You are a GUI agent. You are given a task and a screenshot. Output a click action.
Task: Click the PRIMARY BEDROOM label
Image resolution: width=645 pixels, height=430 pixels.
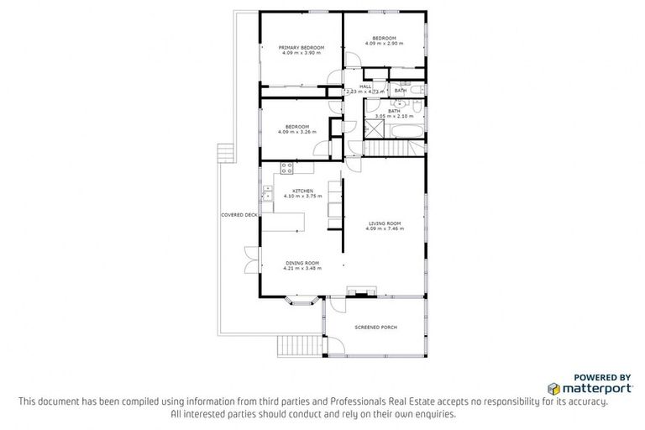point(300,48)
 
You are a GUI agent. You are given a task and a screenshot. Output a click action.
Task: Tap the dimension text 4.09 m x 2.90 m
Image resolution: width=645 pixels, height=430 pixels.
point(384,43)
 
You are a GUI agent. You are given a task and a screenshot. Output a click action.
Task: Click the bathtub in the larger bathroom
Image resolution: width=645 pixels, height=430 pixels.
point(410,131)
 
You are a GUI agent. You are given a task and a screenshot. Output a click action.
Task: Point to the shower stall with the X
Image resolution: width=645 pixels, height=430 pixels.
point(373,130)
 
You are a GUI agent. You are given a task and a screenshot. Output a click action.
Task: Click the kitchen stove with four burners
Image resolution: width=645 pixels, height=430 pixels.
point(286,167)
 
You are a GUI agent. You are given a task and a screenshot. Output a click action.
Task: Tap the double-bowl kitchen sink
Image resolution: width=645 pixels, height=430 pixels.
point(266,193)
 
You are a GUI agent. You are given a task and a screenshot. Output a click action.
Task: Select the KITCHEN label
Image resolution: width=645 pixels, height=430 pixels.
point(302,191)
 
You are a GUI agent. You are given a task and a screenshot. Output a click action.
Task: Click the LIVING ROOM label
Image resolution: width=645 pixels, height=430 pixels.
point(384,223)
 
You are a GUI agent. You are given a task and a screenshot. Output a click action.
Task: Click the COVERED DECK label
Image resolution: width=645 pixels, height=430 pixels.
point(239,215)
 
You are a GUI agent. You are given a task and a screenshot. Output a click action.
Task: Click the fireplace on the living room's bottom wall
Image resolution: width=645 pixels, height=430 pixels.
point(363,293)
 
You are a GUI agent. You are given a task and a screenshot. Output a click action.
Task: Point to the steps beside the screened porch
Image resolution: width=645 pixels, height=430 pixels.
point(298,345)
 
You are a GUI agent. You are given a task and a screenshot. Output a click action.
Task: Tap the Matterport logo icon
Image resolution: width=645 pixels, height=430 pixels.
point(553,389)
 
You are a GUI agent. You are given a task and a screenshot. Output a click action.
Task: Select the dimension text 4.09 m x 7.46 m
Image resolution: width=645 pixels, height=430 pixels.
point(384,228)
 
